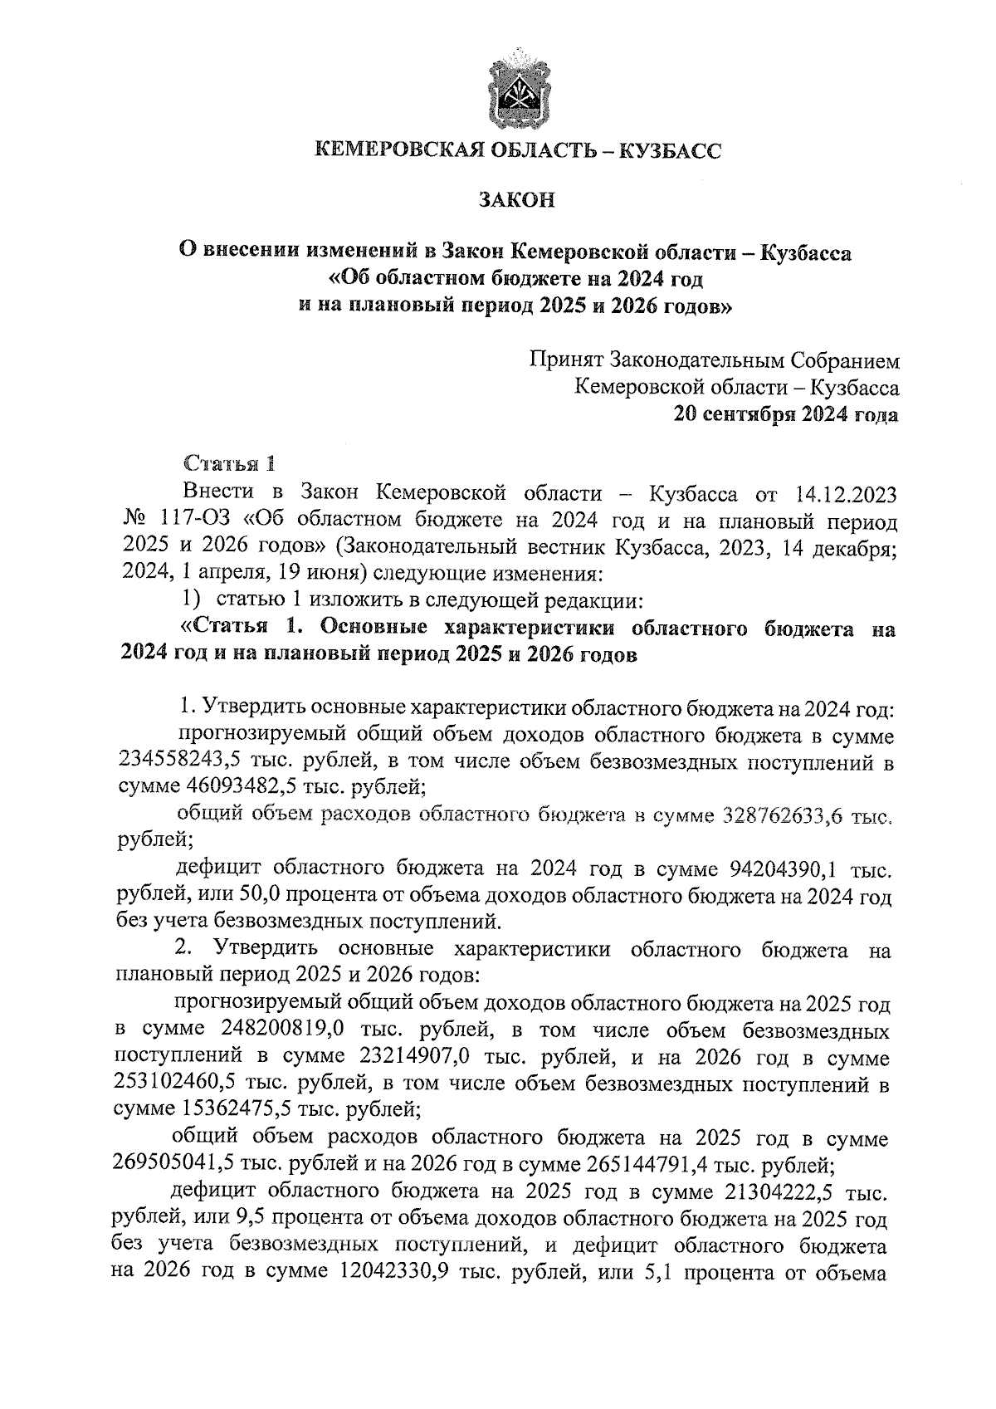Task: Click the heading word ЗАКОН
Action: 515,200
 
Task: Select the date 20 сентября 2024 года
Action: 786,413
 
